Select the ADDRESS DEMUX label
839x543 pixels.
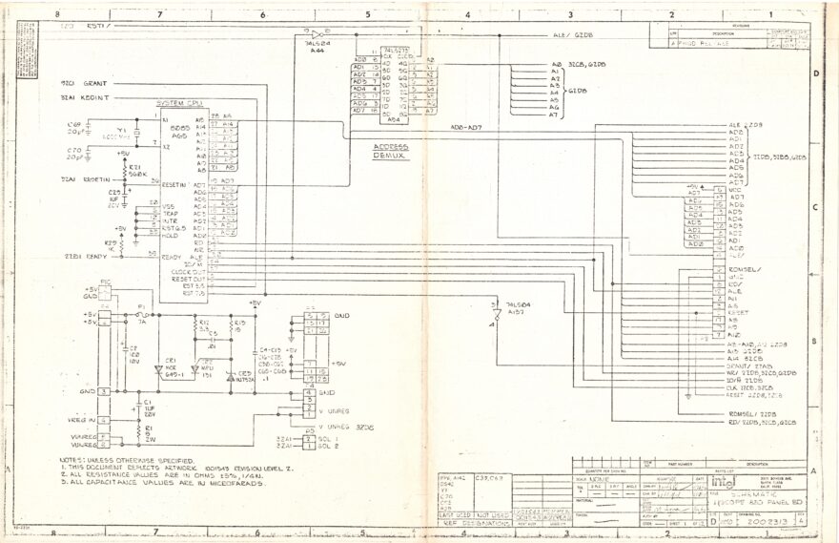click(391, 150)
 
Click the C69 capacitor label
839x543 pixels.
click(73, 125)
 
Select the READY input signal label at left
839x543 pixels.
click(96, 257)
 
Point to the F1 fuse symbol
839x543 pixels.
click(141, 314)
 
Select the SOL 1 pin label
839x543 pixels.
click(328, 438)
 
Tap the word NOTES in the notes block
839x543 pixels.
click(72, 461)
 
